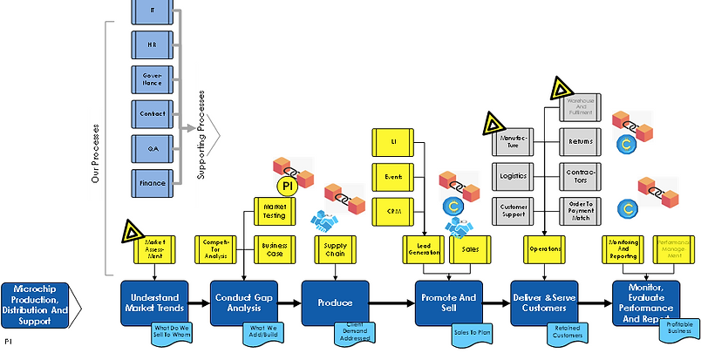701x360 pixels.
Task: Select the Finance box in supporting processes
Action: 153,184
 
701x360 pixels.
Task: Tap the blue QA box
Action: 153,149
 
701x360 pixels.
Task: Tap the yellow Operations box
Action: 545,248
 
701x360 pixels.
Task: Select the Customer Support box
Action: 513,210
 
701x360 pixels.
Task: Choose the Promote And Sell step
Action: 446,302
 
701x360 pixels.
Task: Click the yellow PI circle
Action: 287,187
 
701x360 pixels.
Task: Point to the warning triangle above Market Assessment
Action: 133,230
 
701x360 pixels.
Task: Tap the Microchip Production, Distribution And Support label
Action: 38,303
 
